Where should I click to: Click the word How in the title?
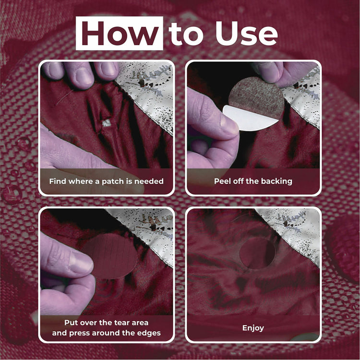[120, 33]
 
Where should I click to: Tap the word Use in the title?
[246, 33]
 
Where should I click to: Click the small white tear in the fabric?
[107, 123]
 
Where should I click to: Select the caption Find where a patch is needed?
[106, 181]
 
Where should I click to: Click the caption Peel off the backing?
[253, 181]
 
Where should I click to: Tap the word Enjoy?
[253, 328]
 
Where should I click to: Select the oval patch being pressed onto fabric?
[110, 256]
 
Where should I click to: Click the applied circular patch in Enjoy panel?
[257, 252]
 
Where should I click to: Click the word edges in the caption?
[149, 333]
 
